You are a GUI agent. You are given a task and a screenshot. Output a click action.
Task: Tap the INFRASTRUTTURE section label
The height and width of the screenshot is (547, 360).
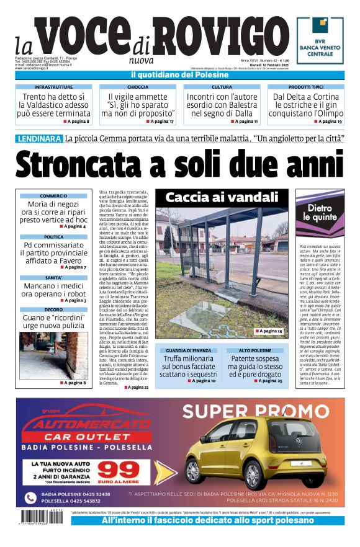point(53,87)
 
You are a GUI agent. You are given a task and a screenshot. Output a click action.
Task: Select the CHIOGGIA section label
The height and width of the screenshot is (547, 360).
point(137,87)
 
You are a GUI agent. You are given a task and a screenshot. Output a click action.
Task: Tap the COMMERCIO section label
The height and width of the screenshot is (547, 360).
point(53,195)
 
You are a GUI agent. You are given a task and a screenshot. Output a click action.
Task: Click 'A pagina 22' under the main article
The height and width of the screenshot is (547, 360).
point(136,388)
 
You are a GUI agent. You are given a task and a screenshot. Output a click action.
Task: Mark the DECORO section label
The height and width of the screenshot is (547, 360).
point(53,309)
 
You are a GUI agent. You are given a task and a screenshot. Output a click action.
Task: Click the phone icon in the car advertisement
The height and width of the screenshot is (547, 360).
point(30,497)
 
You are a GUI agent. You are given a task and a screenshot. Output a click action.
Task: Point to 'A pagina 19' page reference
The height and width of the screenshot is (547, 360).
point(329,122)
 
